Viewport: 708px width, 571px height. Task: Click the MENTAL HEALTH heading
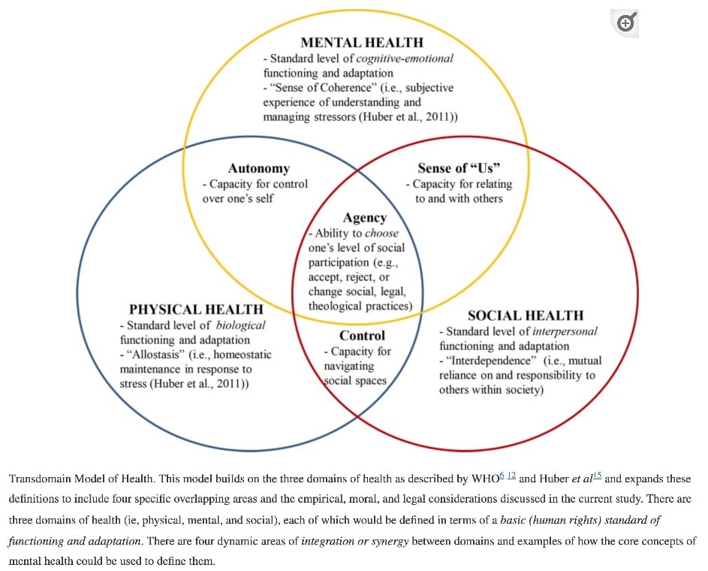(x=362, y=42)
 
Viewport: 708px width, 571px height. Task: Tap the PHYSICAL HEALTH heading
(x=196, y=310)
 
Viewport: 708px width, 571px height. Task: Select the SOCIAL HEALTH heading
(x=526, y=316)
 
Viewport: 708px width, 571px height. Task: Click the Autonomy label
(x=258, y=168)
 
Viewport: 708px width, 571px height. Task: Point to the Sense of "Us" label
(x=459, y=168)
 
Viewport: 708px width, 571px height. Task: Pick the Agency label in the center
(x=364, y=218)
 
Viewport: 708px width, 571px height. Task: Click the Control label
(x=362, y=336)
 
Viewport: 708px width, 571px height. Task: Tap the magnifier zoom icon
(x=625, y=23)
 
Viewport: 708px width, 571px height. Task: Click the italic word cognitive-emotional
(x=404, y=58)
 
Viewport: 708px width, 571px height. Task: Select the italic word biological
(x=240, y=325)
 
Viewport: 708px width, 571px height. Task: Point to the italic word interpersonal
(x=565, y=331)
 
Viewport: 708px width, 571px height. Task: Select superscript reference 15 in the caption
(x=598, y=476)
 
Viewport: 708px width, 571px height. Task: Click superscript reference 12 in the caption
(x=511, y=476)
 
